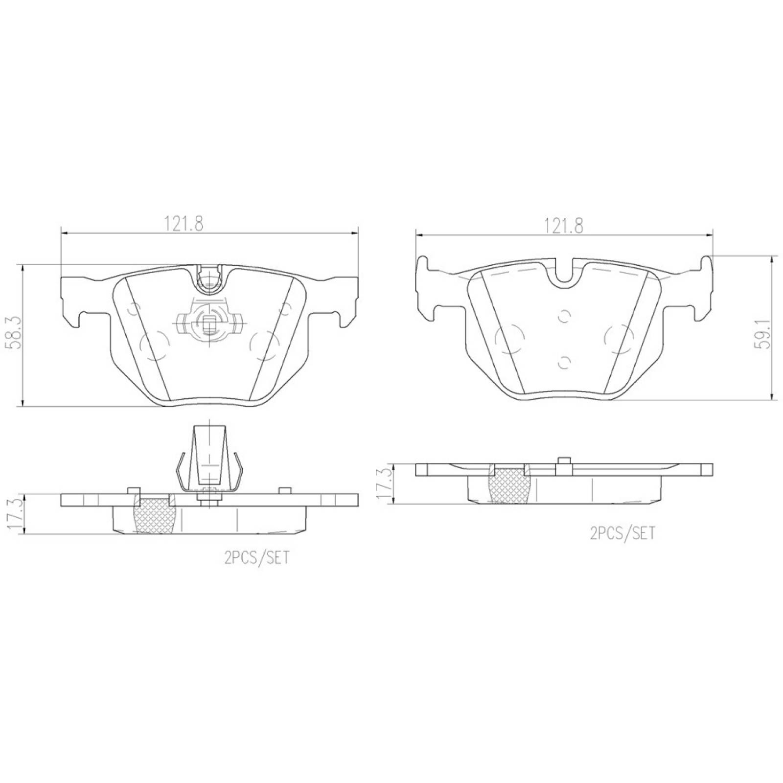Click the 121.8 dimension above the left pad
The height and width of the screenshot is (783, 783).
point(184,224)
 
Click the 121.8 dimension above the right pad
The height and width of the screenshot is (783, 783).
point(563,226)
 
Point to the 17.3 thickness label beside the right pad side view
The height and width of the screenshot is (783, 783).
point(385,484)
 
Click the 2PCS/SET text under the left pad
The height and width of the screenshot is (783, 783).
point(256,557)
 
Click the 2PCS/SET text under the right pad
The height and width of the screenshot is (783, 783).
point(622,532)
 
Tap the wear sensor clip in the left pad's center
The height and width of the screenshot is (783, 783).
point(209,322)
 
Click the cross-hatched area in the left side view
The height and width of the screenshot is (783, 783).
point(156,516)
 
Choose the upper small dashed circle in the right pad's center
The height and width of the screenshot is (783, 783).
point(564,317)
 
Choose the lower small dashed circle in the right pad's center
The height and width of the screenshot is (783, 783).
point(564,362)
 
